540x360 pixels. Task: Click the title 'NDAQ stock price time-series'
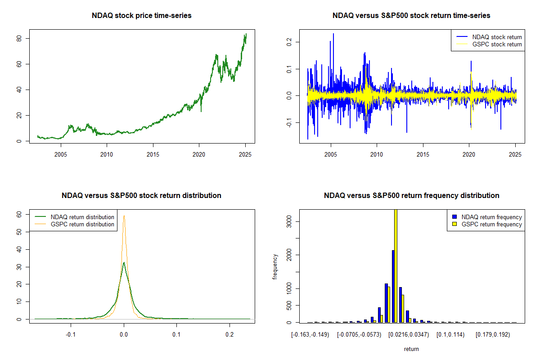coord(142,16)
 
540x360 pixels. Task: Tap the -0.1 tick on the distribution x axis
coord(71,335)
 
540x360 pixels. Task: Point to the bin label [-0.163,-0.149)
coord(310,335)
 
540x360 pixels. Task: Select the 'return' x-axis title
coord(411,349)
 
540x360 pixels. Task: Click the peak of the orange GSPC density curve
coord(124,216)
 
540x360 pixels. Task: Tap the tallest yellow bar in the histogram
coord(396,265)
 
